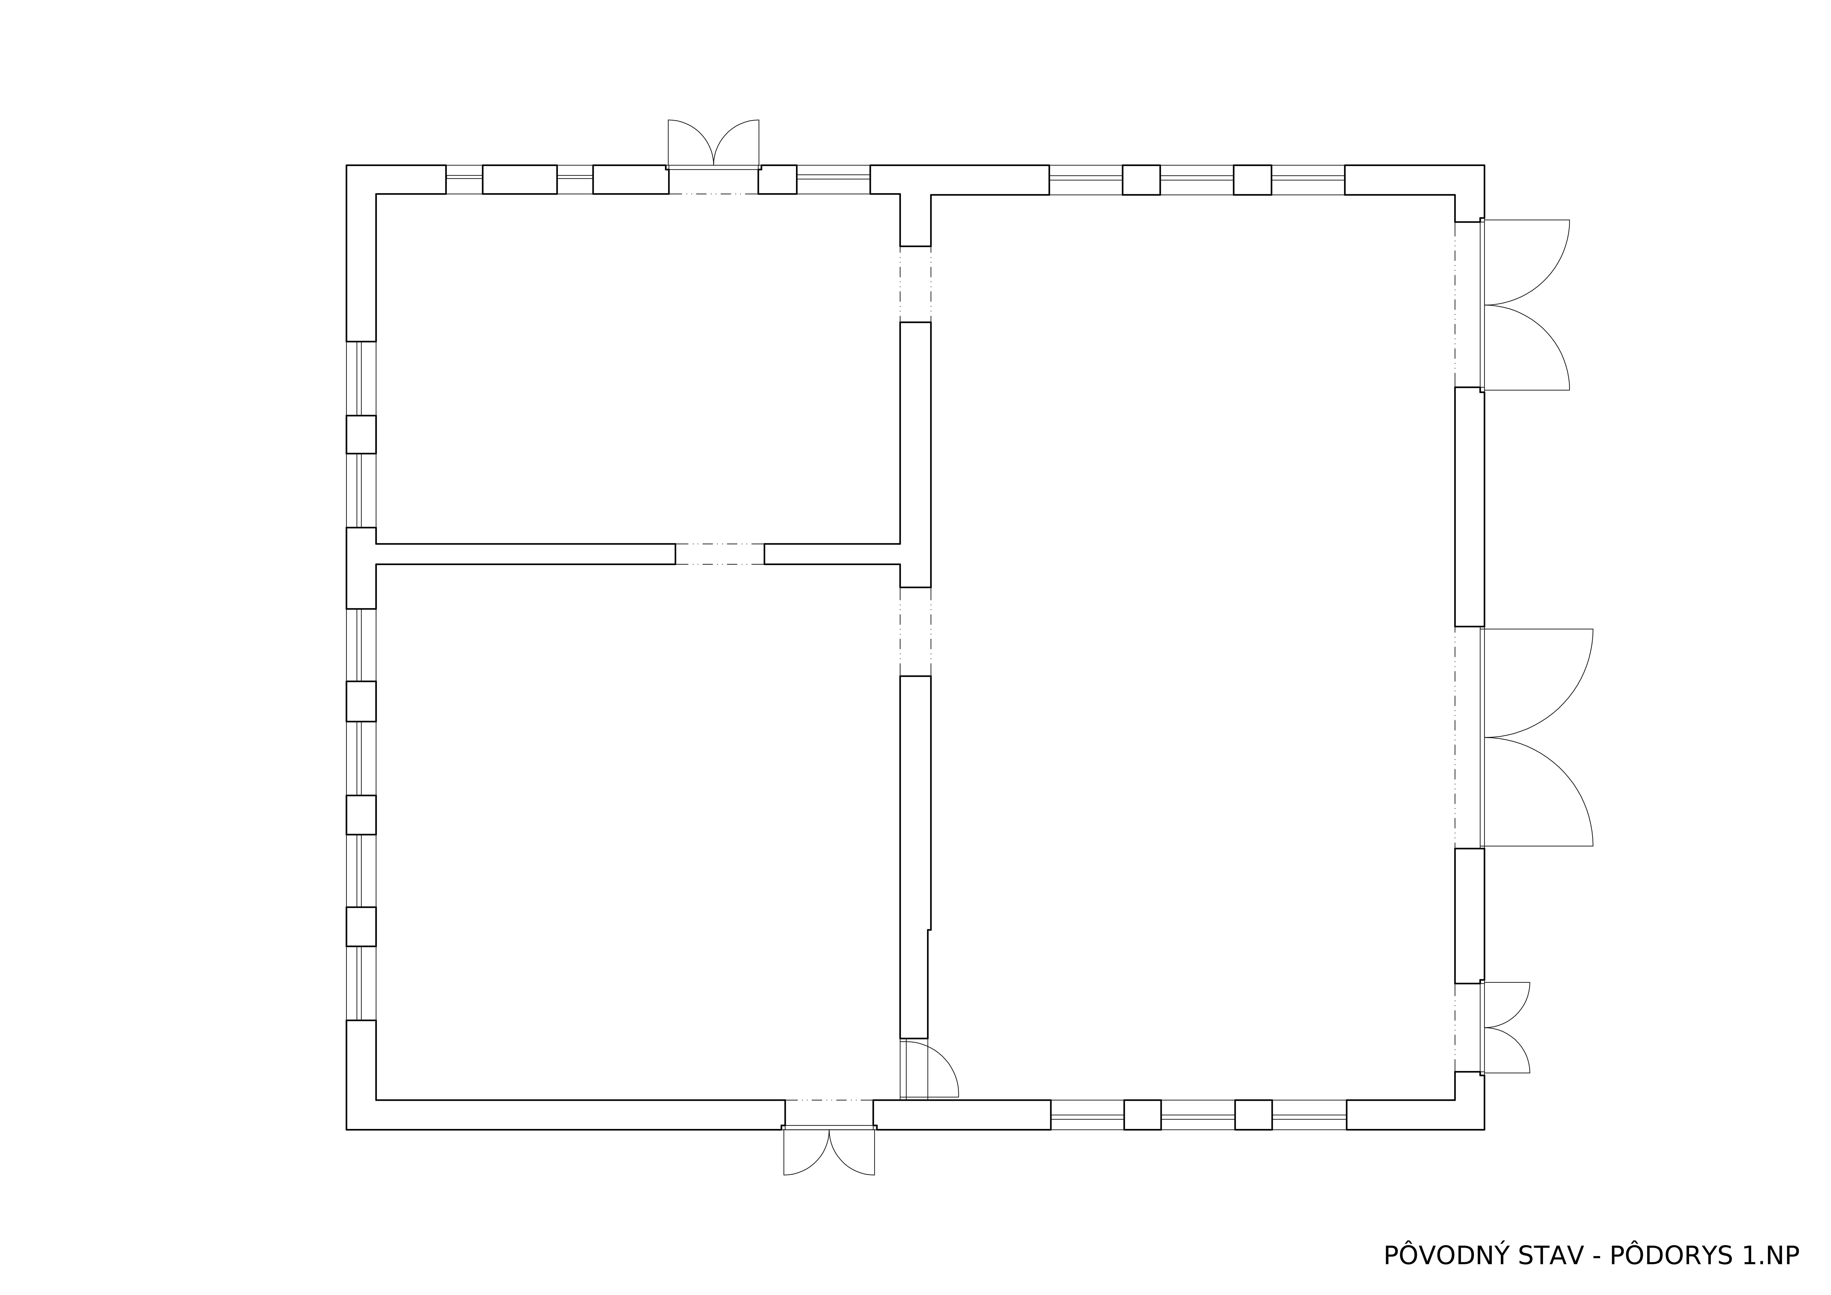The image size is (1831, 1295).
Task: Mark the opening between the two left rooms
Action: [719, 554]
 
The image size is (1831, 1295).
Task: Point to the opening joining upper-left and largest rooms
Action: [915, 284]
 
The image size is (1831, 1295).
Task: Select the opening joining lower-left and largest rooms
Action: [915, 631]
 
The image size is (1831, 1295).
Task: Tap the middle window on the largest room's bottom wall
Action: [1198, 1115]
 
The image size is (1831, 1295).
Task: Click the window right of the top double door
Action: [833, 180]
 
